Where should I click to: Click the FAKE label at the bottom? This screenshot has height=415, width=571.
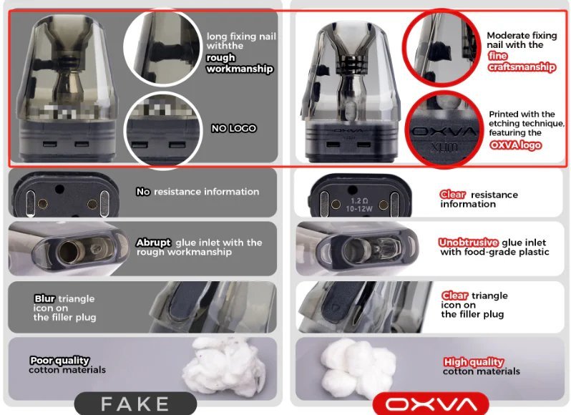[135, 404]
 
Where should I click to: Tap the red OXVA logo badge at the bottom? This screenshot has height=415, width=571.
[431, 404]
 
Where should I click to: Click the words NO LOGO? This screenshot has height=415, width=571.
[234, 128]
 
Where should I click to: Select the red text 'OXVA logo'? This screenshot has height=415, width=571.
[516, 145]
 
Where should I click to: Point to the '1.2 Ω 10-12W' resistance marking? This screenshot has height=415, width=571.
[359, 205]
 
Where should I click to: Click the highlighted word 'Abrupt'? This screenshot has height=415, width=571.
[153, 243]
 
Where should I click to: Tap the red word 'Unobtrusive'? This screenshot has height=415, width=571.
[468, 243]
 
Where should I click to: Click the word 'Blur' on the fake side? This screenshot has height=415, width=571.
[44, 298]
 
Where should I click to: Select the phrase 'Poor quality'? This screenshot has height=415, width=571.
[59, 361]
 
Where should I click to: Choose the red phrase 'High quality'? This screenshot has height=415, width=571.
[474, 362]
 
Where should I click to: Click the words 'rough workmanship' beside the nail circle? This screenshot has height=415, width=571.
[240, 64]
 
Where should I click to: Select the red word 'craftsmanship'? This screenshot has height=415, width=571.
[522, 67]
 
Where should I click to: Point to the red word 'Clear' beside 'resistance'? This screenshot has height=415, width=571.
[453, 195]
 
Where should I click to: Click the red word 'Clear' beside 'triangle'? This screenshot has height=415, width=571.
[455, 296]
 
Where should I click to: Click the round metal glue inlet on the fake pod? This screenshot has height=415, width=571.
[70, 252]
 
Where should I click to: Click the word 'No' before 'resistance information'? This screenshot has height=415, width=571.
[143, 192]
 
